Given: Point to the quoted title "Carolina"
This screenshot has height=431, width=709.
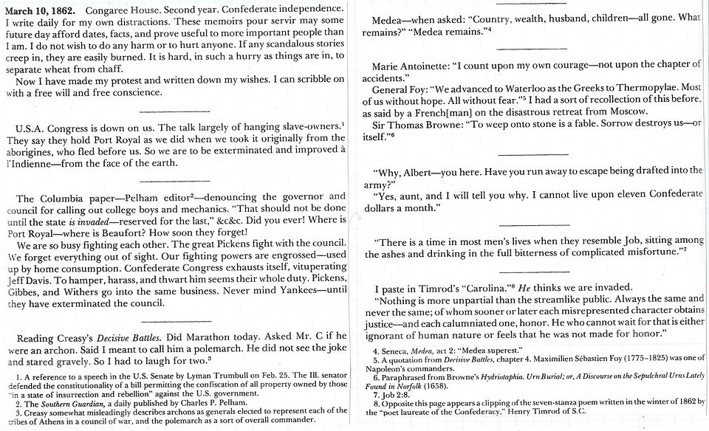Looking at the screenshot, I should [x=463, y=287].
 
